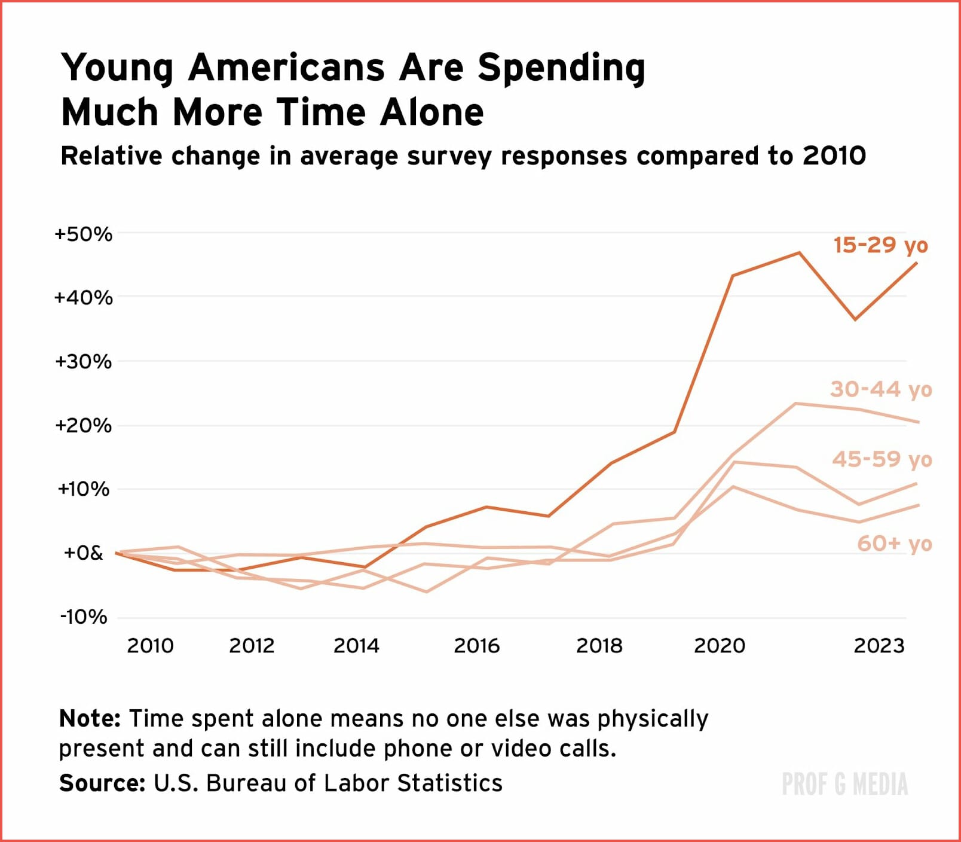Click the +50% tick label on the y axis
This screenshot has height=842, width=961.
coord(83,234)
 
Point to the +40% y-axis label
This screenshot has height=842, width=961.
coord(83,297)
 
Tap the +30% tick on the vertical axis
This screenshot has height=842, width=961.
coord(83,361)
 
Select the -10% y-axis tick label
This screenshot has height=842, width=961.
coord(84,617)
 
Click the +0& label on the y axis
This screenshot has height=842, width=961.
coord(83,553)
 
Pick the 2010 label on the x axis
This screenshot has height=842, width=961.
coord(150,646)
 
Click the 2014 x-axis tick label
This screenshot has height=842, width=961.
coord(356,646)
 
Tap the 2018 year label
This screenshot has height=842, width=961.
coord(599,646)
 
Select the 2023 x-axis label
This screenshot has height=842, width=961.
coord(879,646)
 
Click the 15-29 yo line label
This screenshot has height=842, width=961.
coord(880,245)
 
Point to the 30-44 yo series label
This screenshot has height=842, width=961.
coord(881,389)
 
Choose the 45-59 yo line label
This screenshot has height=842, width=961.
coord(882,459)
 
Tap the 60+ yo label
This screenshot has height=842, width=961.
coord(895,544)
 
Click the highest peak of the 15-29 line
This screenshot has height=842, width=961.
coord(799,253)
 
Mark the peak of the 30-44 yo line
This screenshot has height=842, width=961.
coord(795,404)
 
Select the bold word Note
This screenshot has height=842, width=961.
coord(90,718)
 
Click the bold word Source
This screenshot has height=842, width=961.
coord(102,783)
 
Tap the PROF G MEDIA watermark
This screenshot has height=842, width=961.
coord(844,784)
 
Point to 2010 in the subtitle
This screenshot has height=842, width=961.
coord(834,156)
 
